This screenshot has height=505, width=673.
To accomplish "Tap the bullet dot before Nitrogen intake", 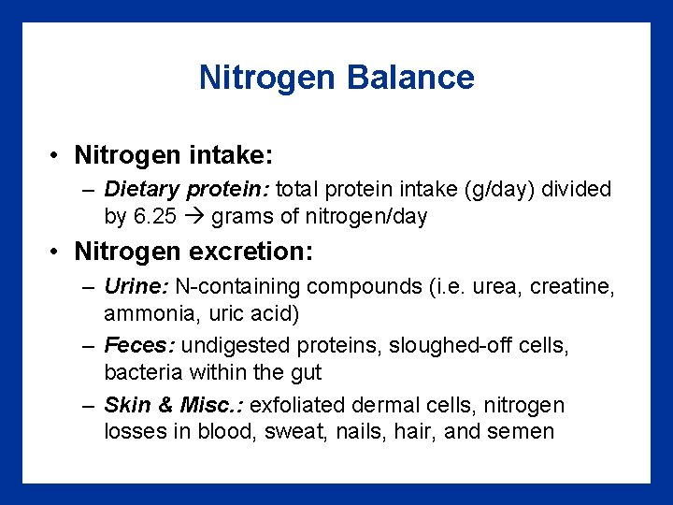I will (57, 152).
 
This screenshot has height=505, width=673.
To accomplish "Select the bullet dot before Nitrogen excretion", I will (57, 252).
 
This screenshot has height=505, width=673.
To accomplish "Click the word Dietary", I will (142, 190).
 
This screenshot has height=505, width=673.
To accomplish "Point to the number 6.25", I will (154, 217).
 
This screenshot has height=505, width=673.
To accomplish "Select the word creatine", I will (572, 287).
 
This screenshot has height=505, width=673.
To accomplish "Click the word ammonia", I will (143, 312).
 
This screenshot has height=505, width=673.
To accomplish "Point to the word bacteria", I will (141, 372).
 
